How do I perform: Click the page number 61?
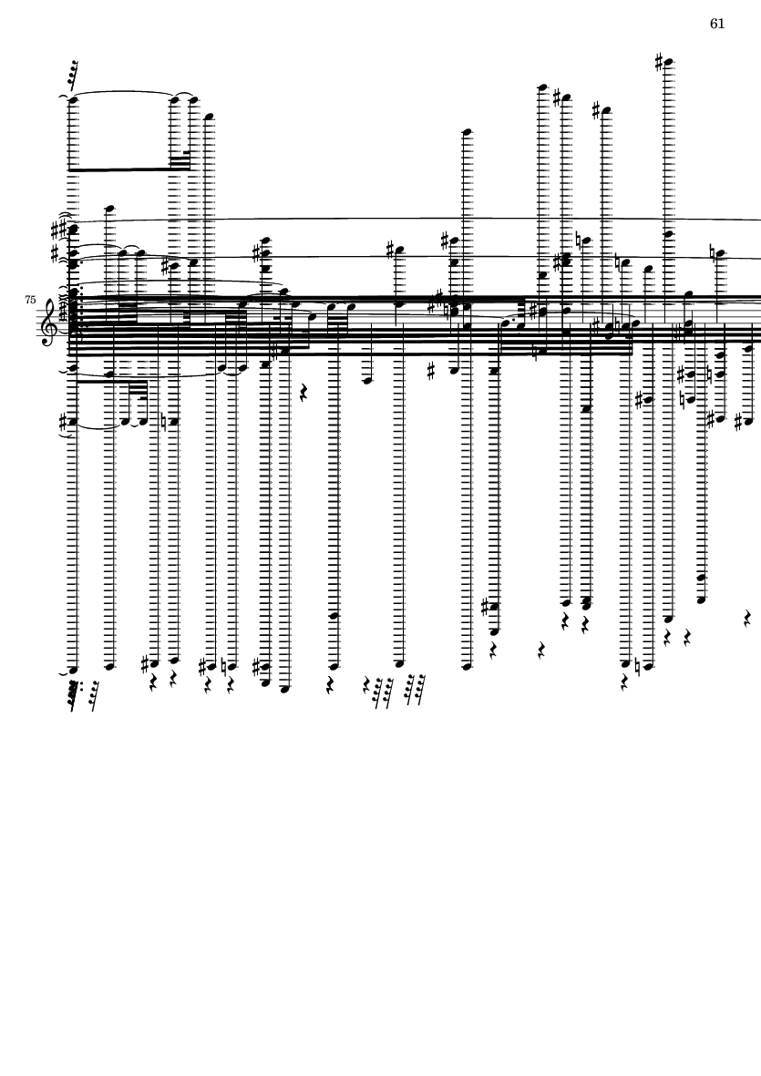pos(717,24)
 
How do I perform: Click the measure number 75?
pos(30,299)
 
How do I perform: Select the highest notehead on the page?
pos(669,63)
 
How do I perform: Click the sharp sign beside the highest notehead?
pos(659,62)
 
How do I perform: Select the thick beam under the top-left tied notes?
pos(123,169)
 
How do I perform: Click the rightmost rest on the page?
pos(747,619)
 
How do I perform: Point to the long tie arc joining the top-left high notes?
pos(123,92)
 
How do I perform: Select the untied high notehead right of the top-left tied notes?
pos(209,117)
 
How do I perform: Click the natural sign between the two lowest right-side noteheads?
pos(637,666)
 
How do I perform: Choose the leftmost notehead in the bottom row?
pos(73,670)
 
